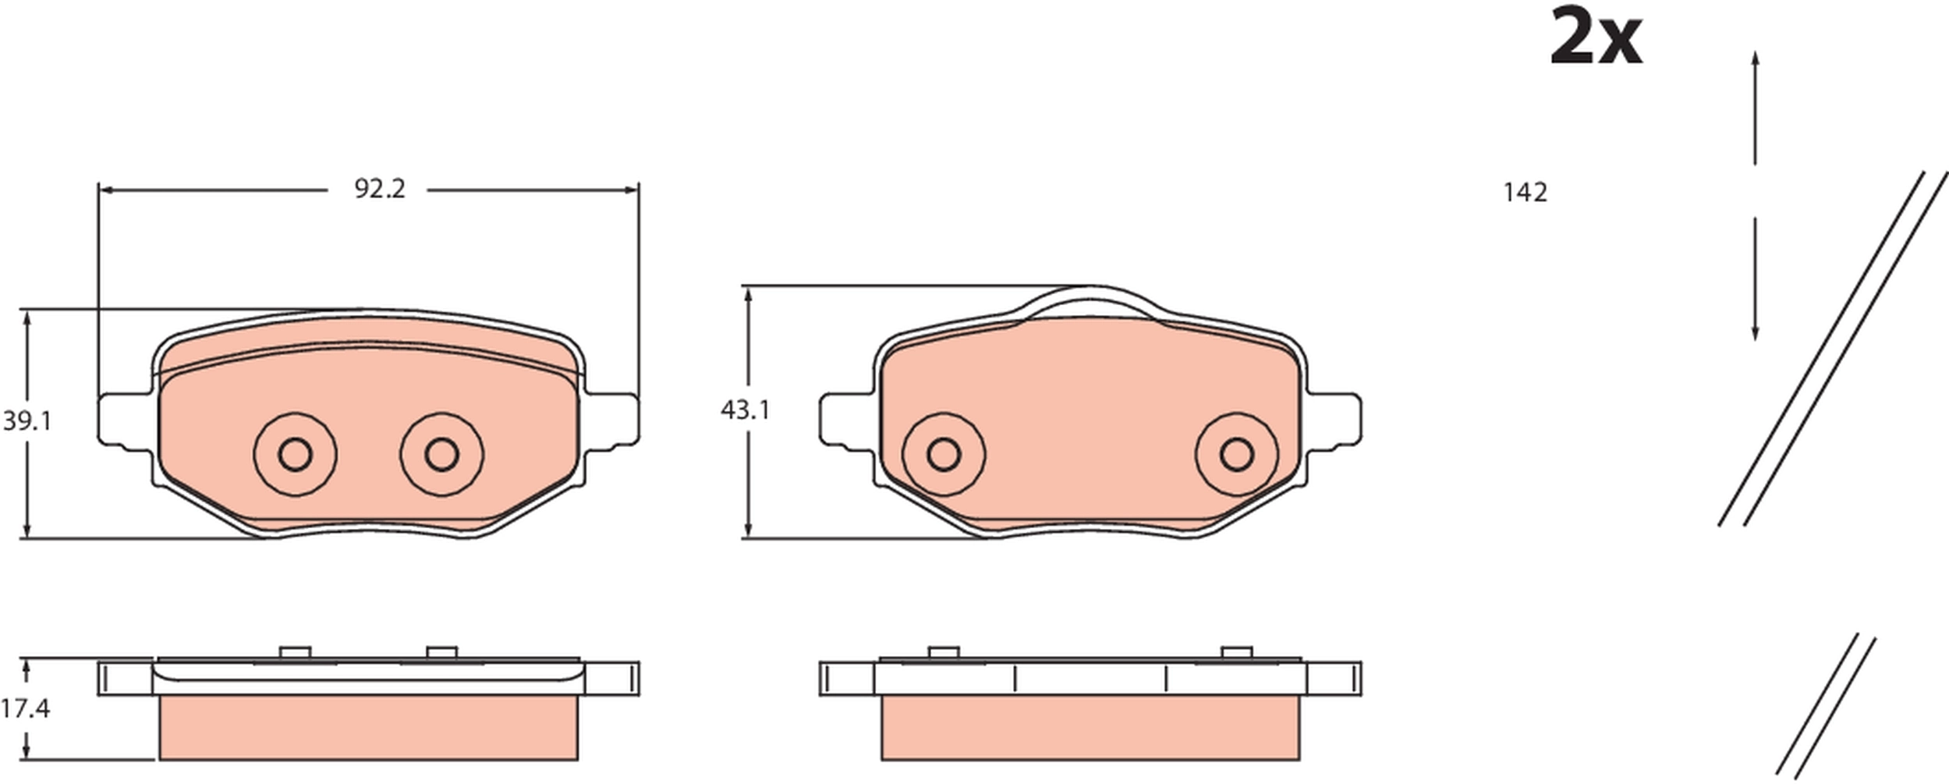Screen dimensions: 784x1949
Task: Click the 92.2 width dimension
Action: [380, 189]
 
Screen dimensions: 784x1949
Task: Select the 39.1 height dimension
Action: [27, 421]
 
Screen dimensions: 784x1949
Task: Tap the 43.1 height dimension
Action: [745, 410]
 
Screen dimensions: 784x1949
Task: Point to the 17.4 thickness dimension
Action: [25, 708]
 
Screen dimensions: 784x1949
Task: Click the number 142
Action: [1525, 193]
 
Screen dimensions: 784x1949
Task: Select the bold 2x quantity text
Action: [1596, 37]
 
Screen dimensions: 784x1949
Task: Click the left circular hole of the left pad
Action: [295, 454]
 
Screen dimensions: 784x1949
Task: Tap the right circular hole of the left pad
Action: [441, 454]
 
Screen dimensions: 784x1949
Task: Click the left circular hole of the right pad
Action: [944, 454]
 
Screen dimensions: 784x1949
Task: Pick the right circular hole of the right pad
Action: [1236, 454]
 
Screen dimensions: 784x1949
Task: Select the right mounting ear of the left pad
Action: [613, 421]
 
